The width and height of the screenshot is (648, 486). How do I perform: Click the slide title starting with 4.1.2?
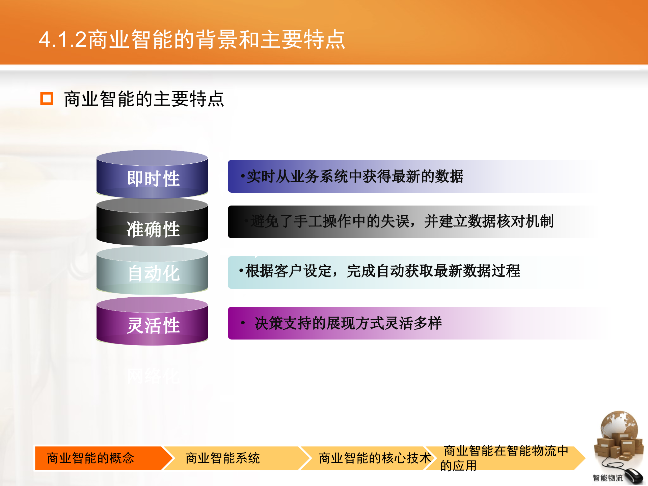point(192,39)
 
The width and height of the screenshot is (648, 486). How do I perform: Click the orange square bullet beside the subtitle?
point(47,99)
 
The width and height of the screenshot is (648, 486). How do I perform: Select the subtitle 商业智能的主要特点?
point(144,99)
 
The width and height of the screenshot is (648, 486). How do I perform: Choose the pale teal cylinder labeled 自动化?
point(153,272)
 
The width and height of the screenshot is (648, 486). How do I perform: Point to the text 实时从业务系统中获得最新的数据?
point(354,177)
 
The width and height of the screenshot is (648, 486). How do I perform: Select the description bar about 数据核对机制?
point(402,222)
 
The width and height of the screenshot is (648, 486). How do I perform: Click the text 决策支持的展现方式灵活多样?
point(348,323)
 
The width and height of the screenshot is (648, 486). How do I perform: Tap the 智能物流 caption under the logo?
point(607,478)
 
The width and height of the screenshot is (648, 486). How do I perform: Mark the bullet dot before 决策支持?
point(243,323)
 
